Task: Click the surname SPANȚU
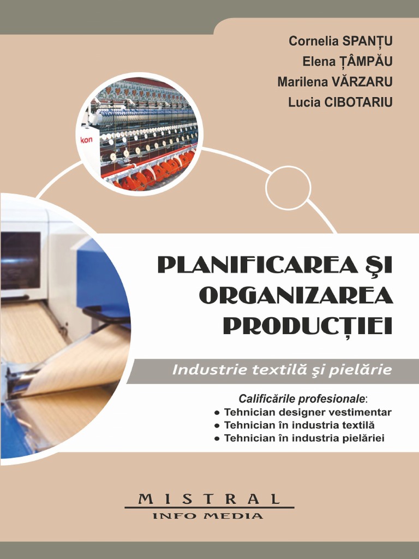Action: [x=367, y=41]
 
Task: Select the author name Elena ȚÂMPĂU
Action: [x=348, y=62]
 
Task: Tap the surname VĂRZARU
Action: [x=362, y=82]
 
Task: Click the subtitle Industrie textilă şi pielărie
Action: [x=282, y=370]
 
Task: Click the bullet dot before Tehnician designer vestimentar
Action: [x=217, y=413]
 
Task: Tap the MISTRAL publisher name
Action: [x=209, y=499]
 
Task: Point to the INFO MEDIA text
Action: [x=208, y=515]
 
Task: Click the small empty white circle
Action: [x=288, y=188]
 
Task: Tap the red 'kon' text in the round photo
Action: [x=87, y=140]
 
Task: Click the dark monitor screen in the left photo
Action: [x=20, y=260]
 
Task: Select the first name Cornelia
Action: [x=313, y=41]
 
